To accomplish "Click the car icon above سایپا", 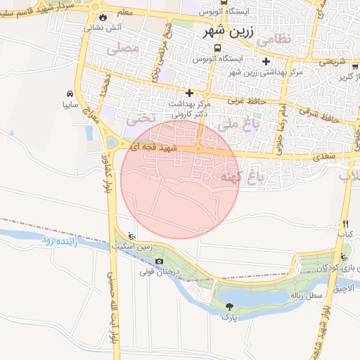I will [69, 94].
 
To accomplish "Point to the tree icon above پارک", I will [229, 306].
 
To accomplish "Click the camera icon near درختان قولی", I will [159, 262].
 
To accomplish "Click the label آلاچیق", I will [345, 288].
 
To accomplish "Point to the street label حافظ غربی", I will [247, 101].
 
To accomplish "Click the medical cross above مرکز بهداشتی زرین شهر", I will [266, 61].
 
